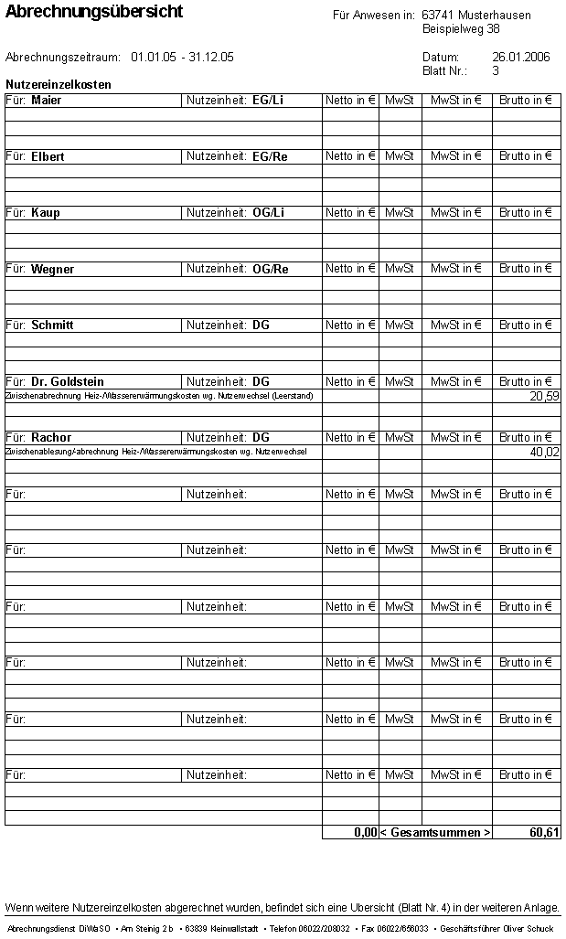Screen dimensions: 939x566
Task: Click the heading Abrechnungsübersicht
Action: [x=94, y=12]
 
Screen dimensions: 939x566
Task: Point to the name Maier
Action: [x=47, y=100]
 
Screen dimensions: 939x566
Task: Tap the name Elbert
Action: [x=48, y=156]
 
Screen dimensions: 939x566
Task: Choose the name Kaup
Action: [x=46, y=213]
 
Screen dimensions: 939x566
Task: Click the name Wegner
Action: [x=53, y=270]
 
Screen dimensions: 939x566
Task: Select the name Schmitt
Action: [x=52, y=325]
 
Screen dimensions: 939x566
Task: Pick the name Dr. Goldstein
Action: [x=68, y=382]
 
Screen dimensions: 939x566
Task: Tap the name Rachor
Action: [x=51, y=438]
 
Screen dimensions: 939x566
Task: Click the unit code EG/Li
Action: [x=268, y=100]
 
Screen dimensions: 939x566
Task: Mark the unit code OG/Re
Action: [x=271, y=270]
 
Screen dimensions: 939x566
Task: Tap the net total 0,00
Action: [x=365, y=833]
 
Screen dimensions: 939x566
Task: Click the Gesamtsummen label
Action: [x=435, y=833]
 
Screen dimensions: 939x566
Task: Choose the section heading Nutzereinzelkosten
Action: [x=59, y=85]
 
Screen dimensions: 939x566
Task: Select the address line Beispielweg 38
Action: [x=461, y=29]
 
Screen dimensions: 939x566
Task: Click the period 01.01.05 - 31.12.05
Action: [x=182, y=57]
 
